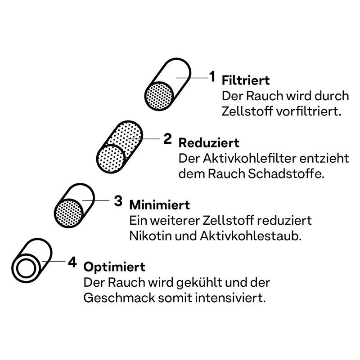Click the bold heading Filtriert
click(x=246, y=80)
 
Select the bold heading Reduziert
click(x=209, y=143)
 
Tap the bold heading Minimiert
click(x=160, y=205)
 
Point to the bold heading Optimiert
click(x=114, y=267)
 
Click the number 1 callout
click(x=212, y=76)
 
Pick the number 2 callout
click(x=167, y=139)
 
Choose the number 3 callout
click(x=118, y=201)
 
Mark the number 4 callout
click(x=72, y=262)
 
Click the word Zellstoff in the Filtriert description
click(x=247, y=111)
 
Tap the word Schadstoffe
click(x=286, y=174)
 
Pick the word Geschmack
click(x=119, y=298)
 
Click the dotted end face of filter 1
click(x=159, y=96)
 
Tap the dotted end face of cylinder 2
click(x=111, y=159)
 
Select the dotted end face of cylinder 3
click(x=69, y=213)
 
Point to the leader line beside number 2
click(x=144, y=139)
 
